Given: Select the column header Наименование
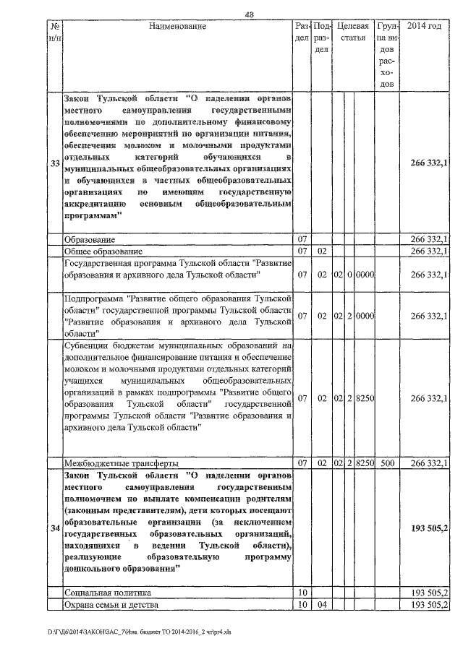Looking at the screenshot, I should point(177,27).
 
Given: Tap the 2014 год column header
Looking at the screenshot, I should point(425,27).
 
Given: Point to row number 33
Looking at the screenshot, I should point(54,164).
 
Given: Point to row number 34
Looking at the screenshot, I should point(54,529).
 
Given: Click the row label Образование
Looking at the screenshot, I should point(90,239).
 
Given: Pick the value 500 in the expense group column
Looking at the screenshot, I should point(387,462).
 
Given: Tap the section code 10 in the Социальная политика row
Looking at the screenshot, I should point(302,593).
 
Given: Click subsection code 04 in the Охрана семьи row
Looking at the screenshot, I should point(322,604).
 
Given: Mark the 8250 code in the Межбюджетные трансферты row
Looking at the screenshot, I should point(364,462).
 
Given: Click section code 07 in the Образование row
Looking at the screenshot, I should point(302,239).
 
